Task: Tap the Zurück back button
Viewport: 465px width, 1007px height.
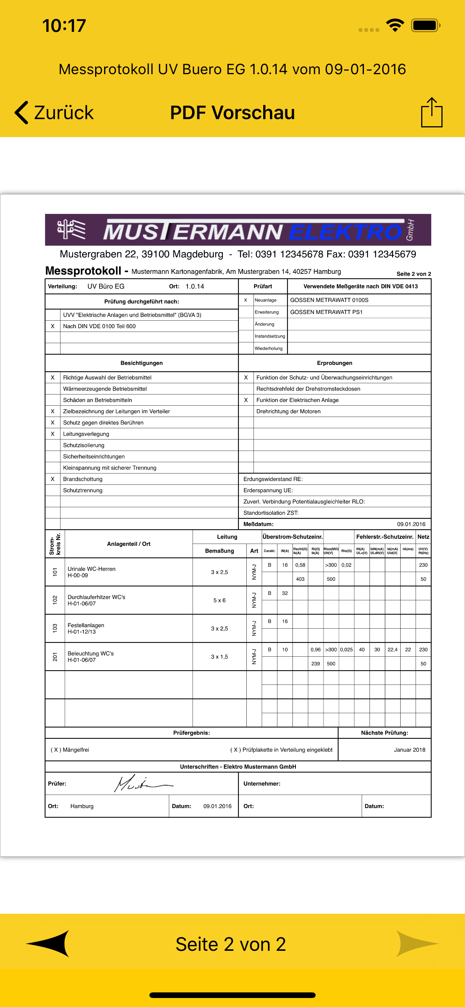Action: [54, 113]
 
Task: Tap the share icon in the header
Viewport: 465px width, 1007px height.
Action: [431, 113]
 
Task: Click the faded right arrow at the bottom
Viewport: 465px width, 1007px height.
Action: [417, 943]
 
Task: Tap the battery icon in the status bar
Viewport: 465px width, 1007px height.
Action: [425, 25]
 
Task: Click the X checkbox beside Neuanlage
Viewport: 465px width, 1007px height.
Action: [245, 300]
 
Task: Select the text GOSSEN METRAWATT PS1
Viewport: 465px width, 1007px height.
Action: [326, 312]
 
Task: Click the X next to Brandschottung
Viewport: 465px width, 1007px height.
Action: [52, 479]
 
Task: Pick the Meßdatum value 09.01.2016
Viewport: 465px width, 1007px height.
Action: [411, 524]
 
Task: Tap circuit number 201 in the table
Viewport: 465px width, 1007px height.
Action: [55, 657]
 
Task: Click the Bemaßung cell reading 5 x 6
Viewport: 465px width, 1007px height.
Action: [219, 600]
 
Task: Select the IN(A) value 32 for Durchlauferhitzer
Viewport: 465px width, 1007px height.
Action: [285, 593]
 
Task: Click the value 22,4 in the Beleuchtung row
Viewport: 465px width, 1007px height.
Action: [392, 649]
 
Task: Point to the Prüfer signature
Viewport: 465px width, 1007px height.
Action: [143, 783]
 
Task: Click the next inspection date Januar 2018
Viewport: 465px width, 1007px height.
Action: [409, 749]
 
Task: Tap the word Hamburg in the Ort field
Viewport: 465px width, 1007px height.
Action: [82, 806]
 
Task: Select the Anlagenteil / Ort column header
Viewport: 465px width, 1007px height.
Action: [128, 544]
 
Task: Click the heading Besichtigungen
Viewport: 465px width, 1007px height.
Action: [142, 363]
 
